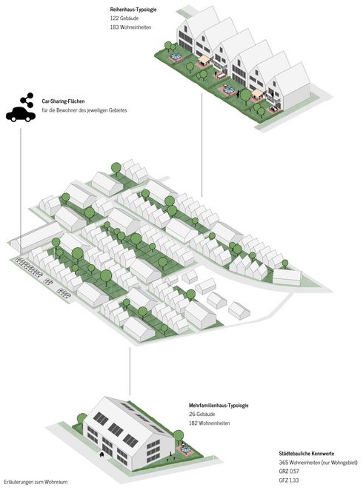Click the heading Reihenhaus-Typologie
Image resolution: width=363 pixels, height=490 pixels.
point(133,10)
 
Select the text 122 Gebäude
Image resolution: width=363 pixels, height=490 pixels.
point(124,19)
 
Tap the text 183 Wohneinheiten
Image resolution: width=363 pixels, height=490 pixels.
point(130,27)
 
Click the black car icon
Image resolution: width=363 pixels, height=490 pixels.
point(21,114)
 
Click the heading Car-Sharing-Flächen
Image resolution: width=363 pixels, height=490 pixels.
point(63,101)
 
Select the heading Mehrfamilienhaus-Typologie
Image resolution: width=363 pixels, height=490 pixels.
point(219,406)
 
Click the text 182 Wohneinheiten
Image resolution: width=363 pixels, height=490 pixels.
point(209,423)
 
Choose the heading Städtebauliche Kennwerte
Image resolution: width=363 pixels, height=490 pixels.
point(307,454)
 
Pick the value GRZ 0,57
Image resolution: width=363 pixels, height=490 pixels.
point(289,471)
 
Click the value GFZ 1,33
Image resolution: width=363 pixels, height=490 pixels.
point(289,480)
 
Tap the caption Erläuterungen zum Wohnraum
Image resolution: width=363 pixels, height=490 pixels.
point(36,482)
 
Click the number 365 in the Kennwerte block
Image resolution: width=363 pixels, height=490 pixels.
point(284,463)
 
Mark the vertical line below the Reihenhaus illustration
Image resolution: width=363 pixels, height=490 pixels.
point(202,144)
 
